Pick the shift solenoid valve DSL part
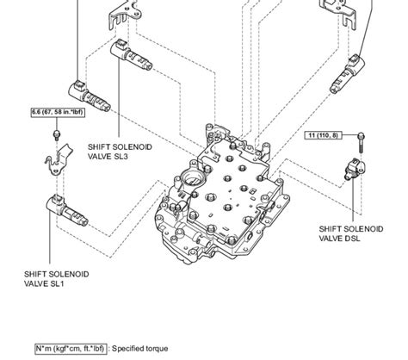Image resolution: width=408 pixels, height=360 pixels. click(x=354, y=169)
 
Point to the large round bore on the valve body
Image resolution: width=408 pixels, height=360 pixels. click(x=191, y=182)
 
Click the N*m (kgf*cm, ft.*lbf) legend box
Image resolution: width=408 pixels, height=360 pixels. click(x=56, y=351)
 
